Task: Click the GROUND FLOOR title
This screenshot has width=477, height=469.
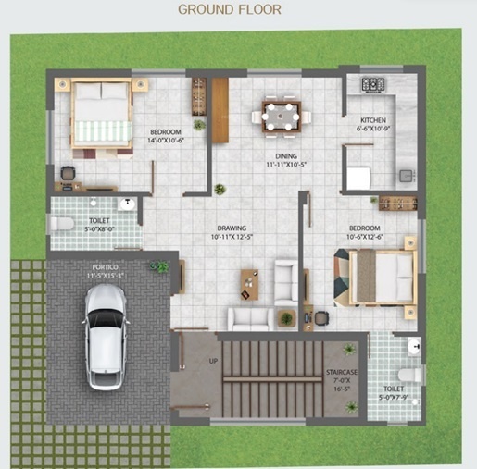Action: tap(229, 10)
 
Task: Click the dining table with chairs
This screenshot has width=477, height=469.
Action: tap(281, 117)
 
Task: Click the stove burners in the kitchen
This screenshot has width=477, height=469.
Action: tap(372, 84)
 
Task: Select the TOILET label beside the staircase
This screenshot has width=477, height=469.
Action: tap(394, 389)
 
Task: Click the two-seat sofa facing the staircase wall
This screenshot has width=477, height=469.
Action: tap(250, 318)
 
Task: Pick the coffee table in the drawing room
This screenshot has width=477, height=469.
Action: tap(249, 283)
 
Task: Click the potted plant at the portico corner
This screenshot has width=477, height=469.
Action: tap(162, 266)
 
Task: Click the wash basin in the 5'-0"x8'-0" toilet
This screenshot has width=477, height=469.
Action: tap(126, 204)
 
